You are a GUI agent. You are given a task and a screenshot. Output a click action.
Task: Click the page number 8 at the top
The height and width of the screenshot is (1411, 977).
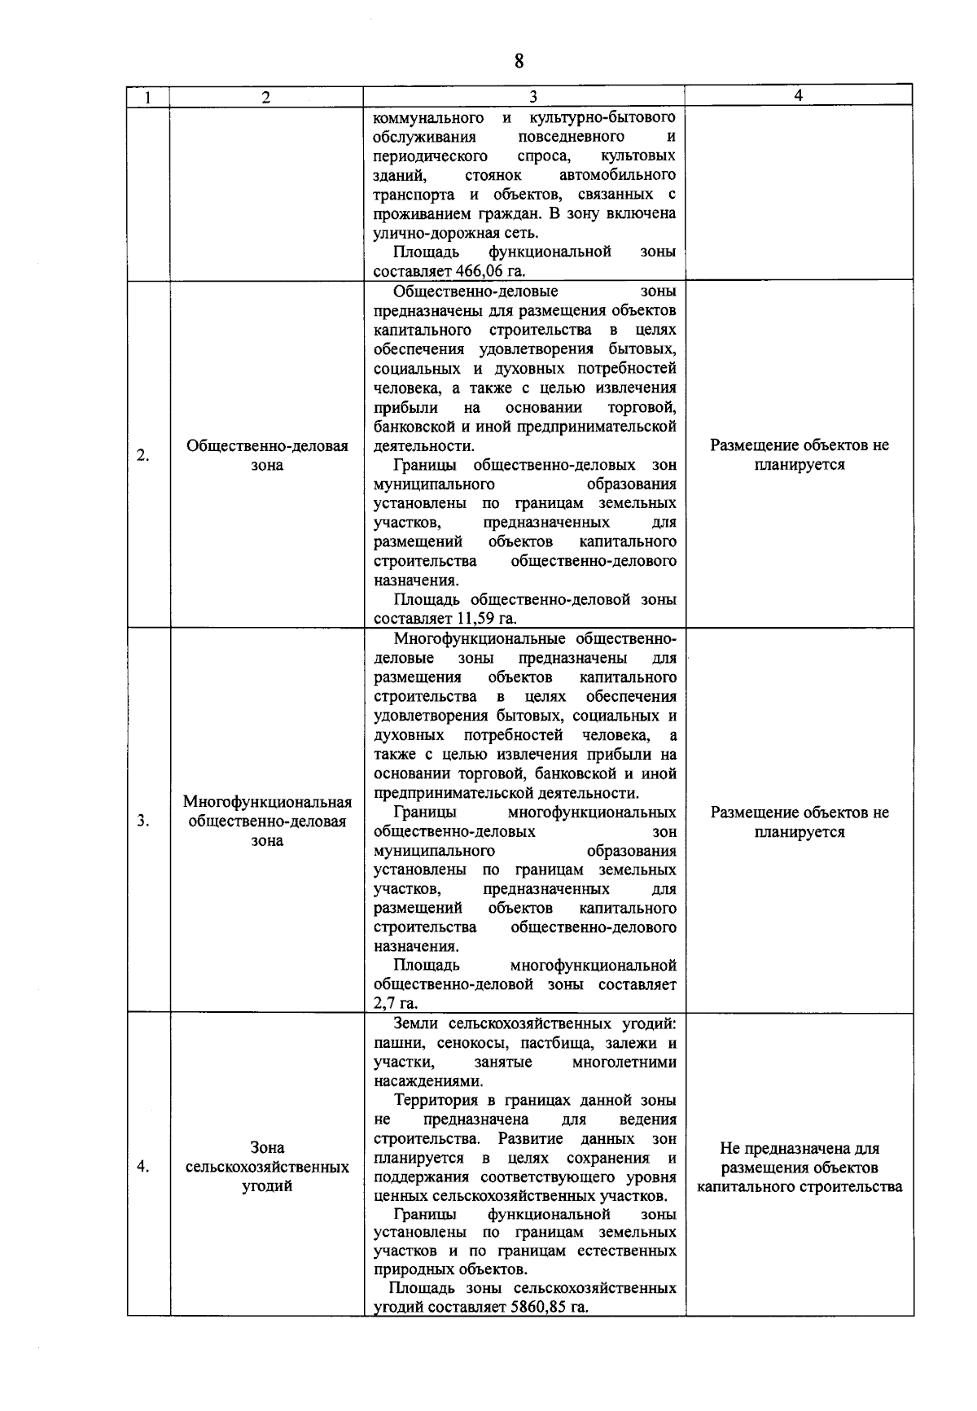tap(519, 62)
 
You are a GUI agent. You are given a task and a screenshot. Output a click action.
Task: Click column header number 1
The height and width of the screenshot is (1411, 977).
tap(147, 97)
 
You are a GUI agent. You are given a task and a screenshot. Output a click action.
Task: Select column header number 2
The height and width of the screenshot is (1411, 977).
tap(266, 97)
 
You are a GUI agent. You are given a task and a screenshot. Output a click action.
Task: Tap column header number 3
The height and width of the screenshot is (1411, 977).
tap(532, 97)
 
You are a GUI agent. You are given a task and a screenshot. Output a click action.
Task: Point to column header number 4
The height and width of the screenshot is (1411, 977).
tap(798, 95)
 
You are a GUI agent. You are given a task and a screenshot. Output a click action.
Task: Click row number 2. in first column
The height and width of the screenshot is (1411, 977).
tap(143, 455)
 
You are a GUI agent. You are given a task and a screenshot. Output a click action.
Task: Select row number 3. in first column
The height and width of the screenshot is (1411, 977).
tap(143, 821)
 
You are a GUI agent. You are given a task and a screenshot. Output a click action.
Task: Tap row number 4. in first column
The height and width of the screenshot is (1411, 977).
tap(143, 1167)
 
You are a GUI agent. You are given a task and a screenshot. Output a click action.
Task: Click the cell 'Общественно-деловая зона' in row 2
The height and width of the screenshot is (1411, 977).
tap(267, 455)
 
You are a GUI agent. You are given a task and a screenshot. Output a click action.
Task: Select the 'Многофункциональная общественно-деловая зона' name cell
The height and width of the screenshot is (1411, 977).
tap(267, 821)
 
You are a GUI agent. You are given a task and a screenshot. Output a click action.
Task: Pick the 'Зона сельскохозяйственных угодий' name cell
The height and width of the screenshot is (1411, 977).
tap(267, 1167)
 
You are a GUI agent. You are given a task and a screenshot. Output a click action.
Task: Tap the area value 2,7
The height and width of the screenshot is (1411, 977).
tap(383, 1004)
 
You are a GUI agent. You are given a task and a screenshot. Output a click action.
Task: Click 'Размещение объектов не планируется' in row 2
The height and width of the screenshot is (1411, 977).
tap(799, 455)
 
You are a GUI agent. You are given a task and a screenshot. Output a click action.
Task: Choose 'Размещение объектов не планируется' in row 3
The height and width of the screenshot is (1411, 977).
tap(799, 822)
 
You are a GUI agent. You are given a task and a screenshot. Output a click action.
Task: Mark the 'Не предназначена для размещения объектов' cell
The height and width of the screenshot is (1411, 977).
tap(799, 1168)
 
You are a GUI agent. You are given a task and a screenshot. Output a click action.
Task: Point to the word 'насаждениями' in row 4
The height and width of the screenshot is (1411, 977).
tap(427, 1081)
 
